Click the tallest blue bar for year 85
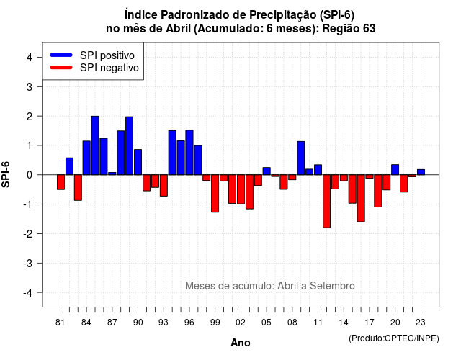(x=95, y=145)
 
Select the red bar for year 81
(x=61, y=182)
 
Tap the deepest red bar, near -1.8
(x=326, y=202)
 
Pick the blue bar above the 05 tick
(x=267, y=171)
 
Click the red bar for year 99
(x=215, y=194)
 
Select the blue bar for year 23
(x=421, y=172)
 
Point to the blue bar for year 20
(x=395, y=170)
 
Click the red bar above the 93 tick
(x=164, y=186)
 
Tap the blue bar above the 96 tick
(x=189, y=153)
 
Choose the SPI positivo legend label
(x=107, y=55)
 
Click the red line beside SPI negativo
(x=61, y=68)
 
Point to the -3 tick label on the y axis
(x=29, y=264)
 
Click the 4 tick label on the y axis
(x=30, y=58)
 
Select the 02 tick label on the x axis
(x=241, y=323)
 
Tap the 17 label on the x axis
(x=370, y=323)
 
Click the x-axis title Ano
(x=241, y=343)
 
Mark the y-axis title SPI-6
(x=6, y=174)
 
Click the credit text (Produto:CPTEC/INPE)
(x=394, y=338)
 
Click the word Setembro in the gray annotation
(x=332, y=286)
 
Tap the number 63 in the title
(x=370, y=29)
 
